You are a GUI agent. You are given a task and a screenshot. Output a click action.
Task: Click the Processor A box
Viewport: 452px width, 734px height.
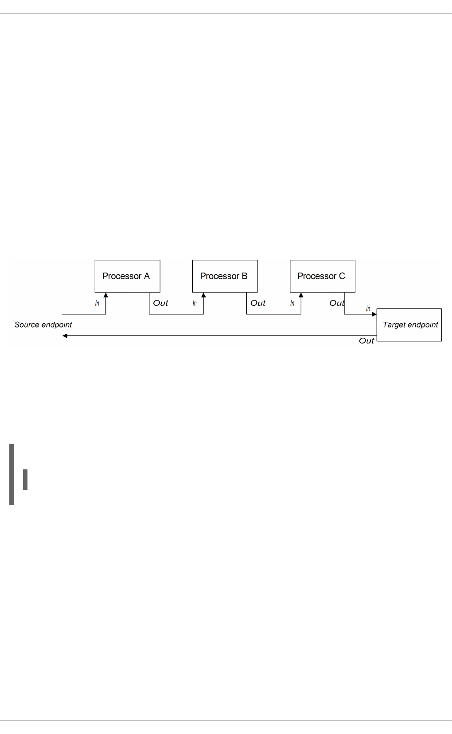click(127, 276)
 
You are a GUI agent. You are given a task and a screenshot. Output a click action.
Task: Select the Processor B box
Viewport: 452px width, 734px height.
click(225, 276)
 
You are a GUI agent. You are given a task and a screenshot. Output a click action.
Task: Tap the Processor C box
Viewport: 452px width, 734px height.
click(322, 276)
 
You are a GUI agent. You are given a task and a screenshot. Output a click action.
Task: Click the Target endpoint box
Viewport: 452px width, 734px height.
click(409, 324)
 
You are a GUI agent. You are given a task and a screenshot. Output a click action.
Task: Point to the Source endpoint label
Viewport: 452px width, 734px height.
click(43, 324)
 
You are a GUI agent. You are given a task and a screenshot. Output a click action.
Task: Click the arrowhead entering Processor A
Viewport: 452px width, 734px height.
click(106, 295)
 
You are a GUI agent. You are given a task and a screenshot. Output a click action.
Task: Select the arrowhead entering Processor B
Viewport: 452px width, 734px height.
click(203, 295)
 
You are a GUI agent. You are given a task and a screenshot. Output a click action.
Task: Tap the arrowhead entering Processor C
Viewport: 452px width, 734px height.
click(301, 295)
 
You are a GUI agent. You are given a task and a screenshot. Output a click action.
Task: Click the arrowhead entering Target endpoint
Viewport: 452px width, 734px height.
click(374, 314)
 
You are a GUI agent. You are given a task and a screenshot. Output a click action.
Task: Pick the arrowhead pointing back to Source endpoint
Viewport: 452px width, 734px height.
click(65, 336)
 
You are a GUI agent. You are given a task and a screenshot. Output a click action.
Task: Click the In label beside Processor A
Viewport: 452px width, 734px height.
click(97, 303)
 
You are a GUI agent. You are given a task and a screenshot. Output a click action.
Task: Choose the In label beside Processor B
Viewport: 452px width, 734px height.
click(195, 303)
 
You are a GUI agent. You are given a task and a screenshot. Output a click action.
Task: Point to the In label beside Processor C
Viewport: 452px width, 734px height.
click(292, 303)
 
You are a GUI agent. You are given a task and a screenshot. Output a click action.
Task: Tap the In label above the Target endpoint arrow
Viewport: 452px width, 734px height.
click(368, 308)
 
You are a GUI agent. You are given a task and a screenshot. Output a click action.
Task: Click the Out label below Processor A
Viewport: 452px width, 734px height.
click(160, 303)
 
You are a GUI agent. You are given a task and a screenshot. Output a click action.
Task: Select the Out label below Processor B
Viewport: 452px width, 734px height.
click(258, 303)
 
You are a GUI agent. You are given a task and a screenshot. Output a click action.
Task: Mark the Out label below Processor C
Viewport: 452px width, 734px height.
click(337, 303)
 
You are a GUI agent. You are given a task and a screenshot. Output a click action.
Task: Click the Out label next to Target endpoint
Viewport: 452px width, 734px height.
click(366, 340)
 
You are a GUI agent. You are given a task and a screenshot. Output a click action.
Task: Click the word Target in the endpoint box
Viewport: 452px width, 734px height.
click(393, 324)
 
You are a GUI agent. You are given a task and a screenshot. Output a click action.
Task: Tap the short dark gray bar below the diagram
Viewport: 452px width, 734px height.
click(25, 480)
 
